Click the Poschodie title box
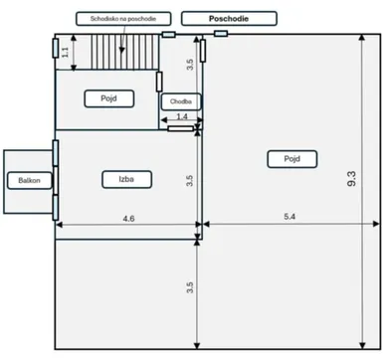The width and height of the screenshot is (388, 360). (229, 19)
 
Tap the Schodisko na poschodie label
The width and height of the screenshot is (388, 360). (123, 19)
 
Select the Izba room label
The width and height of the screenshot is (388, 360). (126, 179)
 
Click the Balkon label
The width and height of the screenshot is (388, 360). (30, 181)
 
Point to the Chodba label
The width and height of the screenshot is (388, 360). (181, 101)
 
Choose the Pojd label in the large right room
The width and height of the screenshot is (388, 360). (292, 159)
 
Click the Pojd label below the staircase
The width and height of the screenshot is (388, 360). (109, 98)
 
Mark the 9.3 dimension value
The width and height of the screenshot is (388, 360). (352, 179)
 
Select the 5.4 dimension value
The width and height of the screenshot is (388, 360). (290, 217)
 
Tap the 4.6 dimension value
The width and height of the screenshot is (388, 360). (128, 219)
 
